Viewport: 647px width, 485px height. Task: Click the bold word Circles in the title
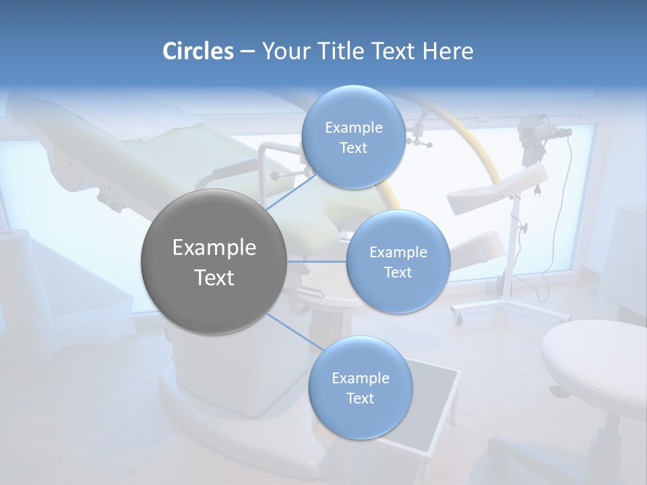(197, 51)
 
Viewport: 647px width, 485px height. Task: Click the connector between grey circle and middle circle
(317, 261)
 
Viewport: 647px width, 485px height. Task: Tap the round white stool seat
(593, 357)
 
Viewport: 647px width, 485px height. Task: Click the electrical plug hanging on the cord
(538, 190)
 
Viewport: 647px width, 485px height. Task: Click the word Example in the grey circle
(214, 247)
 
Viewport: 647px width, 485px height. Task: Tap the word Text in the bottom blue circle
(360, 399)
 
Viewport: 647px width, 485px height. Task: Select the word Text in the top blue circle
(353, 148)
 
